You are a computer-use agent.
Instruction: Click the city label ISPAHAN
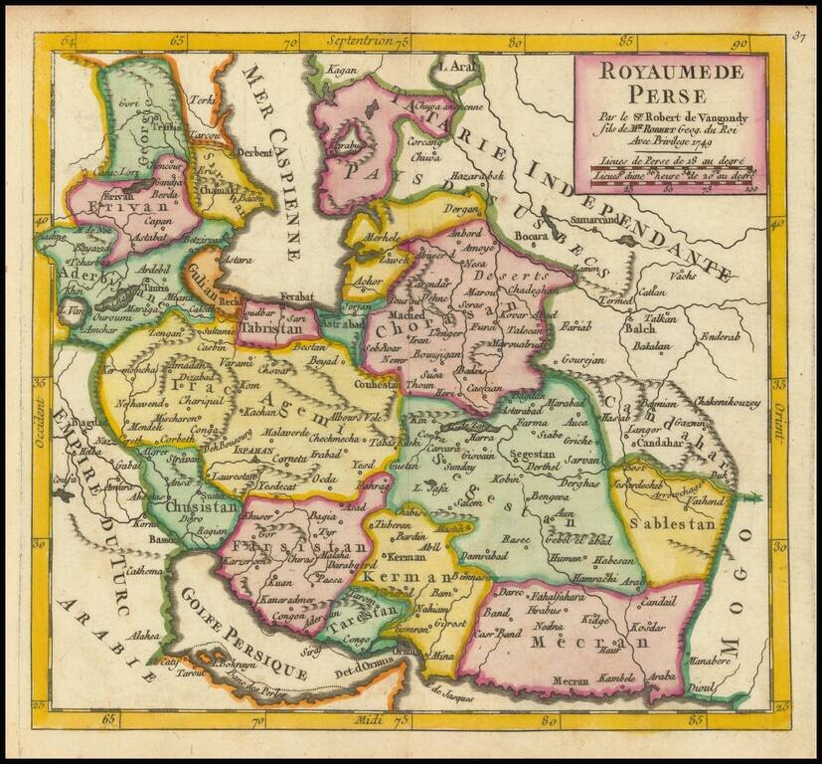pos(256,449)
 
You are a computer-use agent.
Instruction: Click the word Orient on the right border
pos(780,393)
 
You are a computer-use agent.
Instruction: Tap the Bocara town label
pos(532,238)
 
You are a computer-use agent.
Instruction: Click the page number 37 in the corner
pos(798,38)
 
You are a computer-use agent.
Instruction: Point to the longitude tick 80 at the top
pos(514,43)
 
